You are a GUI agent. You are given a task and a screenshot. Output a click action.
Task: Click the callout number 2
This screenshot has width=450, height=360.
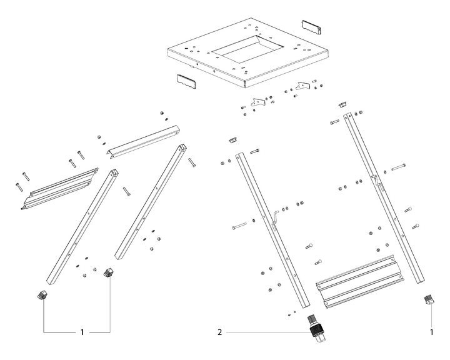(219, 332)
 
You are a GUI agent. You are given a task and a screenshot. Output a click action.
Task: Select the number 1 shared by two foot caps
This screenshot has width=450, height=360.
(82, 332)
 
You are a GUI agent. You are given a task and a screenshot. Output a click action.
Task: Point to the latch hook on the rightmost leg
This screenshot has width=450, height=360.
(376, 182)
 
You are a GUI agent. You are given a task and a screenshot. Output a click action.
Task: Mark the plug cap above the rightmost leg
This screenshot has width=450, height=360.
(343, 104)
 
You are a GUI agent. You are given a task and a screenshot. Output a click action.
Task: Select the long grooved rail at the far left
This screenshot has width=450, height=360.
(59, 188)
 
